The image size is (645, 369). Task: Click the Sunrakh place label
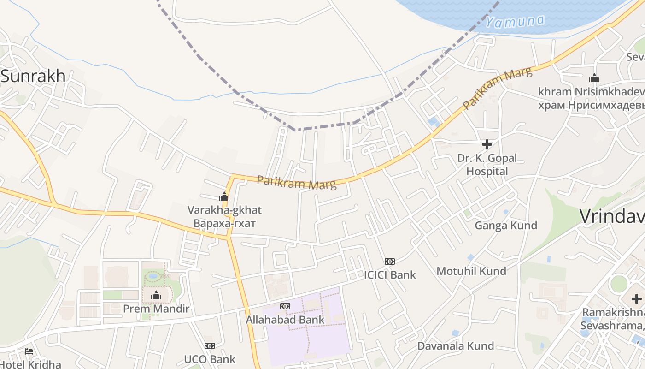[33, 76]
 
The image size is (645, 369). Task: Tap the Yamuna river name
[515, 21]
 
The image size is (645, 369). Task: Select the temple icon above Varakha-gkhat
[224, 196]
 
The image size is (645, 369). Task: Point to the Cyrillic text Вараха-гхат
[224, 224]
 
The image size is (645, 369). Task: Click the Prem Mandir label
[156, 309]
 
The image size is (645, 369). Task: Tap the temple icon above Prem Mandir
[156, 295]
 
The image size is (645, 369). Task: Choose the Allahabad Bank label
[285, 320]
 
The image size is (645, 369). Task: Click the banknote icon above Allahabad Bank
[285, 306]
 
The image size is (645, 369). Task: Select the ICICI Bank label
[390, 275]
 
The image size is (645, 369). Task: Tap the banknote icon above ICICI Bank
[390, 262]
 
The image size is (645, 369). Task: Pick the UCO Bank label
[210, 359]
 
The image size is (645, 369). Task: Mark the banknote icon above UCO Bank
[210, 346]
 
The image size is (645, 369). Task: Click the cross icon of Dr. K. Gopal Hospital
[487, 144]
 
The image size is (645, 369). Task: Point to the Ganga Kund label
[506, 226]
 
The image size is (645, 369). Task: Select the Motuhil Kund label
[471, 271]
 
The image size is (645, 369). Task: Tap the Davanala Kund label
[456, 346]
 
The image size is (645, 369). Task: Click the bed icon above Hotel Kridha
[29, 351]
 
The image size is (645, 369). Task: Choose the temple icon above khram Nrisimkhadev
[594, 78]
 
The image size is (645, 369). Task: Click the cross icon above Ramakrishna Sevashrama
[637, 299]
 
